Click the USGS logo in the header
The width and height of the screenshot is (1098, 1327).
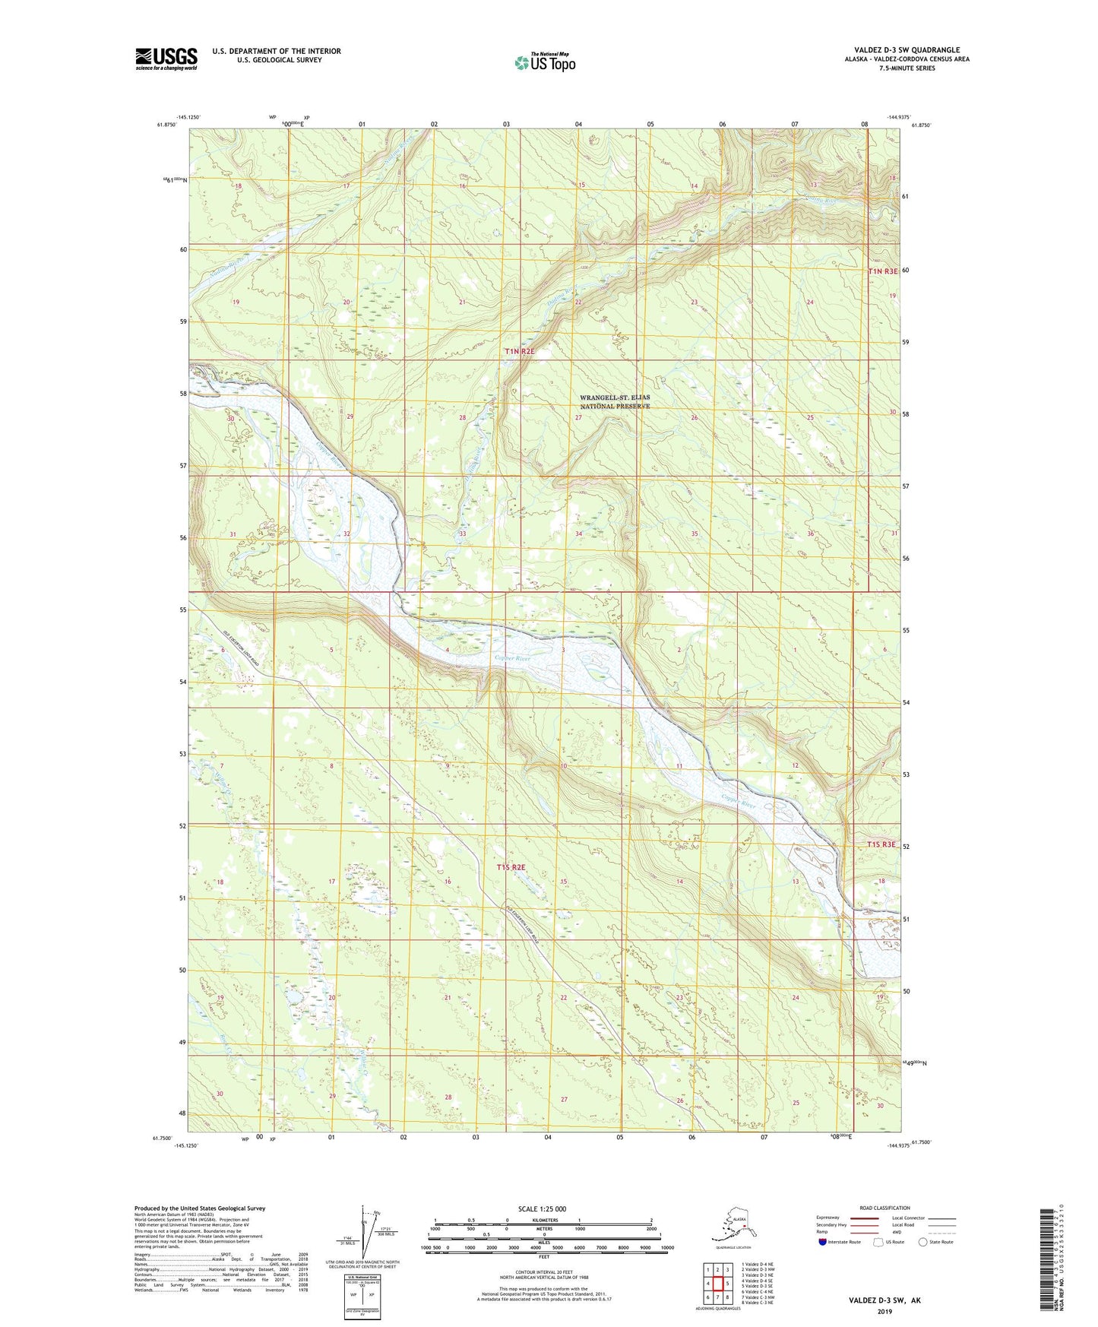coord(166,59)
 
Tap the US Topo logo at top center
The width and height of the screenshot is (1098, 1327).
coord(545,62)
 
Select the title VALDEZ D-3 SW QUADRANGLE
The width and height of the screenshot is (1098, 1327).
coord(907,50)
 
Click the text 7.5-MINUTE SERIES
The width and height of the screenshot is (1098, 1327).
coord(907,68)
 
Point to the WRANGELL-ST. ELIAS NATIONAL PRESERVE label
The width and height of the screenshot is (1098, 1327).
coord(615,402)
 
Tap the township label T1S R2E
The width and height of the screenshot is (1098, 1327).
coord(511,867)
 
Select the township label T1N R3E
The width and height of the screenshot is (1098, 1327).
coord(883,271)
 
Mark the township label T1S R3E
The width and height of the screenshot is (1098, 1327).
coord(881,845)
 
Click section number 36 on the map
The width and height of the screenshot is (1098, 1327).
coord(811,534)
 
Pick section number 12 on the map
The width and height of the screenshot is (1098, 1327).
coord(795,765)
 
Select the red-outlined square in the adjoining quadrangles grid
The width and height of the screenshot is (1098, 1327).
coord(717,1284)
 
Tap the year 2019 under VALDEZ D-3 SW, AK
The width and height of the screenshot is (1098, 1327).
coord(884,1311)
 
